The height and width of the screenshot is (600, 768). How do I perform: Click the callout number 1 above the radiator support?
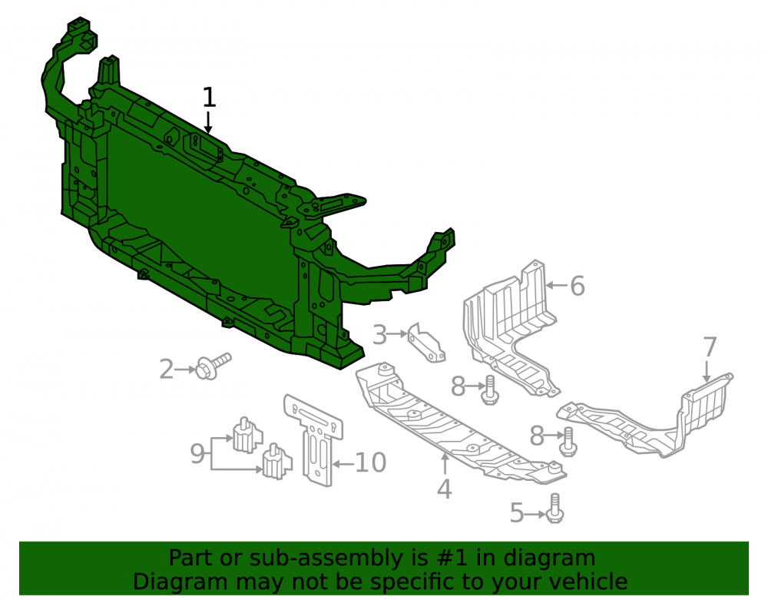point(209,98)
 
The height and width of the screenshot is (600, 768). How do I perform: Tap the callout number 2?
point(167,370)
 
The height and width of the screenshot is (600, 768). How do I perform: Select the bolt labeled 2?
point(214,366)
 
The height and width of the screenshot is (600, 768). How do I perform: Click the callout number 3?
point(379,335)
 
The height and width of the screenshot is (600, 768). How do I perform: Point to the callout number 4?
point(444,489)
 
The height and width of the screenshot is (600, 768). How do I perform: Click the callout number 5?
point(517,513)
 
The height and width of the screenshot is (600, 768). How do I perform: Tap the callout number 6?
point(578,286)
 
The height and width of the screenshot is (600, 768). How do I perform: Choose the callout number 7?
point(710,347)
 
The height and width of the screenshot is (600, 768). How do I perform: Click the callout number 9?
point(197,453)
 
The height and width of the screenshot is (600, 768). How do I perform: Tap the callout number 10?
point(371,462)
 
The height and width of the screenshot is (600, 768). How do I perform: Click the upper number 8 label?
point(458,386)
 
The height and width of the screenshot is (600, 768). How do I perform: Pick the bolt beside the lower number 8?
point(568,442)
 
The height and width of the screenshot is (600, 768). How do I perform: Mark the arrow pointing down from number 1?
point(208,122)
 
